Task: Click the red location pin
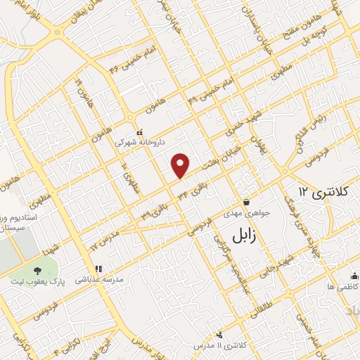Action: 181,165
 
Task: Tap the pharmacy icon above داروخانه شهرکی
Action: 139,131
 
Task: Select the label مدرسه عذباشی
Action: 103,279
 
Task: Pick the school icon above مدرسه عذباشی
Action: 98,269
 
